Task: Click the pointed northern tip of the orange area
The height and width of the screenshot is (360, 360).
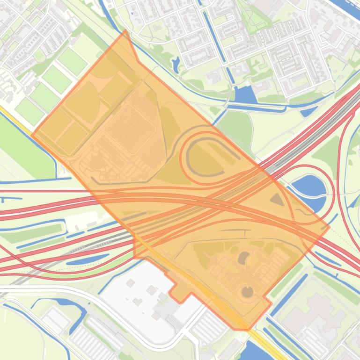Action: (125, 31)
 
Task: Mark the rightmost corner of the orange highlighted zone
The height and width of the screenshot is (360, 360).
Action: (329, 228)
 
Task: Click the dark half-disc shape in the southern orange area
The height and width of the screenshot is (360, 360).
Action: (244, 258)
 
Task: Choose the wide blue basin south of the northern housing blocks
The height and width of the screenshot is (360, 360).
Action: (245, 95)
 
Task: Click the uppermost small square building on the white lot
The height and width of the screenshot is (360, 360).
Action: (131, 283)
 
